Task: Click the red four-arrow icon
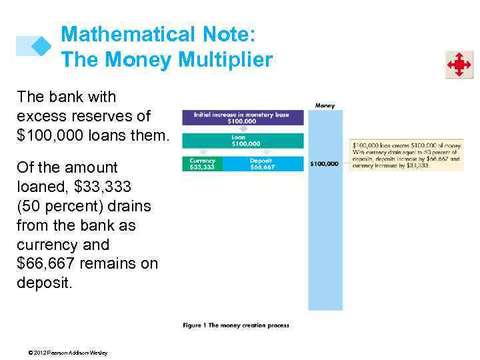tap(459, 65)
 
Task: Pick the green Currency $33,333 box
tap(202, 163)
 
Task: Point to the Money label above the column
tap(325, 105)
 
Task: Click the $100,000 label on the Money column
tap(325, 163)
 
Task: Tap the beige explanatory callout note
tap(406, 155)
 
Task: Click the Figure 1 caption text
tap(236, 325)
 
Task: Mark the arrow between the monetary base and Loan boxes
tap(242, 129)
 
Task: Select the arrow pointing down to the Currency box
tap(202, 153)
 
